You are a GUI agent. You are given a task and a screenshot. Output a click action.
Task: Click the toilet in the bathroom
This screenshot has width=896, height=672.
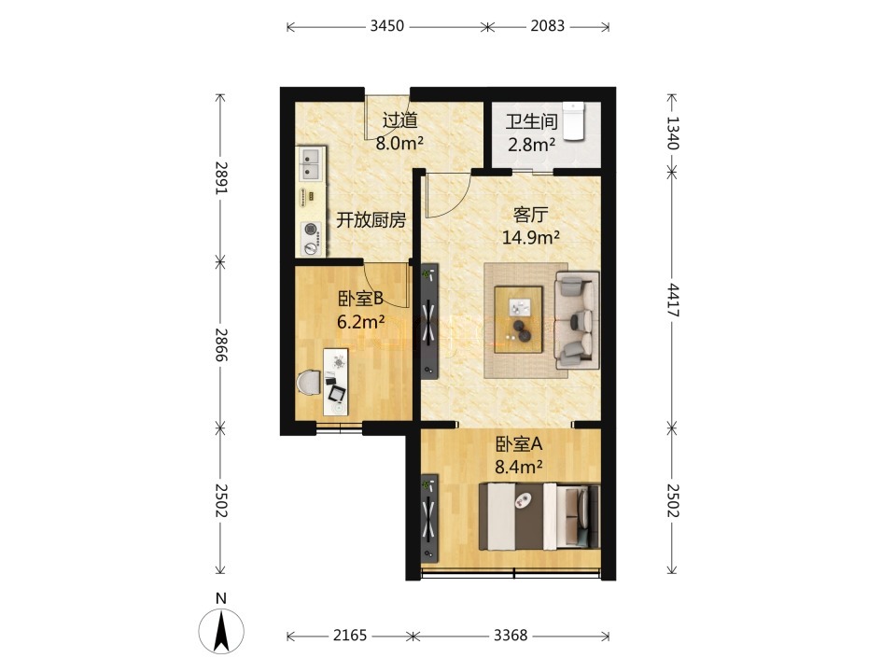[573, 120]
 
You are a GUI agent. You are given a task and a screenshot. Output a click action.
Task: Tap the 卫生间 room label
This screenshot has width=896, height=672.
[531, 122]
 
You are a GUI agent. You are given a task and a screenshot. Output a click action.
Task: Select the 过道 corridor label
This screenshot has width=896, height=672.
[399, 120]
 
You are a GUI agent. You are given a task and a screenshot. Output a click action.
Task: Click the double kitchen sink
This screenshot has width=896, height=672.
[311, 162]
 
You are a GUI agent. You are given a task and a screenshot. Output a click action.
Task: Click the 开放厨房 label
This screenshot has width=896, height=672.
[371, 219]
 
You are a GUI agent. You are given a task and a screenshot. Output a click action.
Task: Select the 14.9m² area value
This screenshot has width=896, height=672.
[530, 237]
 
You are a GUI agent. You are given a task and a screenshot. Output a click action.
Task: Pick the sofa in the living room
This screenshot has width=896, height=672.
[577, 320]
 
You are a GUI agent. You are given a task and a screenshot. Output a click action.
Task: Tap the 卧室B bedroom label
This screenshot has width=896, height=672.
[360, 299]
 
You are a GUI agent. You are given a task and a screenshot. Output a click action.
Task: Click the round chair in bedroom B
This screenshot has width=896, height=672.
[309, 383]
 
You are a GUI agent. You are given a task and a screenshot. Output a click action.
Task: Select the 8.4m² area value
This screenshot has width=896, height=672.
[518, 468]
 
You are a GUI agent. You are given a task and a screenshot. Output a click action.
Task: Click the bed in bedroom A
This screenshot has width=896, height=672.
[539, 516]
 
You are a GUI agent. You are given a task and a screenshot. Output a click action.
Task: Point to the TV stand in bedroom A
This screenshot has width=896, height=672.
[429, 518]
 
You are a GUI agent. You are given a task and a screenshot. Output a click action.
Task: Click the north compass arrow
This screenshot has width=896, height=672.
[221, 631]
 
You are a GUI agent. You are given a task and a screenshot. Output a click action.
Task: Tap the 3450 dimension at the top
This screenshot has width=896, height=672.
[386, 26]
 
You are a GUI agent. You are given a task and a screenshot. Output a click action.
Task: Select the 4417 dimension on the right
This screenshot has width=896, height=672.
[674, 300]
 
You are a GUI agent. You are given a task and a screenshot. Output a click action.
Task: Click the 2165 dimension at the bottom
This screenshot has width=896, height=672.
[350, 636]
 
